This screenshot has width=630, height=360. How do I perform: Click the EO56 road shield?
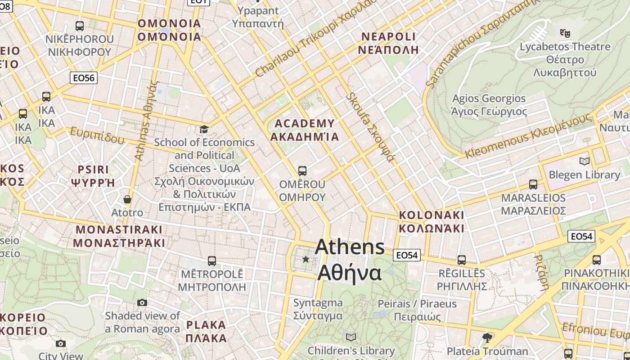[84, 78]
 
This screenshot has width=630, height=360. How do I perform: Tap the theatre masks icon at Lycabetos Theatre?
[565, 32]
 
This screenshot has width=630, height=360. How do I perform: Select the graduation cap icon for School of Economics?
[204, 130]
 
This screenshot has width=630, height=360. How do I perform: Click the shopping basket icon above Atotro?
[127, 199]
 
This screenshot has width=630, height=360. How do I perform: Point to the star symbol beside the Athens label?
[306, 259]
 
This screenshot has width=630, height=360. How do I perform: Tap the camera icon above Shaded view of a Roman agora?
[142, 302]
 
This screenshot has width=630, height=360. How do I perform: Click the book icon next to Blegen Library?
[584, 161]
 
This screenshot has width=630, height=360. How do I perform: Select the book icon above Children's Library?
[351, 337]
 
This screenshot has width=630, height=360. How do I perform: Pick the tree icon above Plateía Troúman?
[487, 337]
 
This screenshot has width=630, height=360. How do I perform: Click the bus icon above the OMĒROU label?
[302, 171]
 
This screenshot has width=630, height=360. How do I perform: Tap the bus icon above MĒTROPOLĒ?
[211, 261]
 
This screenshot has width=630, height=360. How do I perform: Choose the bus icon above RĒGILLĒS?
[462, 260]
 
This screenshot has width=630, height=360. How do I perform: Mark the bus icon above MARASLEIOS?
[533, 184]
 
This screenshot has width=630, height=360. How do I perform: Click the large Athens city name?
[350, 260]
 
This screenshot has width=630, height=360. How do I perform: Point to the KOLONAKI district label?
[431, 221]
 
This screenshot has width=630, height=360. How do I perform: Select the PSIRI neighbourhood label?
[94, 175]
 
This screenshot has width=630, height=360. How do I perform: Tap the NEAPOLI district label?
[388, 43]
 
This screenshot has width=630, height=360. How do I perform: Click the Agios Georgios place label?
[489, 105]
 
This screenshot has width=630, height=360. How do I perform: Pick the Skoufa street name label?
[370, 127]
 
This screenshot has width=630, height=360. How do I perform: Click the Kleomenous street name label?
[528, 135]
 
